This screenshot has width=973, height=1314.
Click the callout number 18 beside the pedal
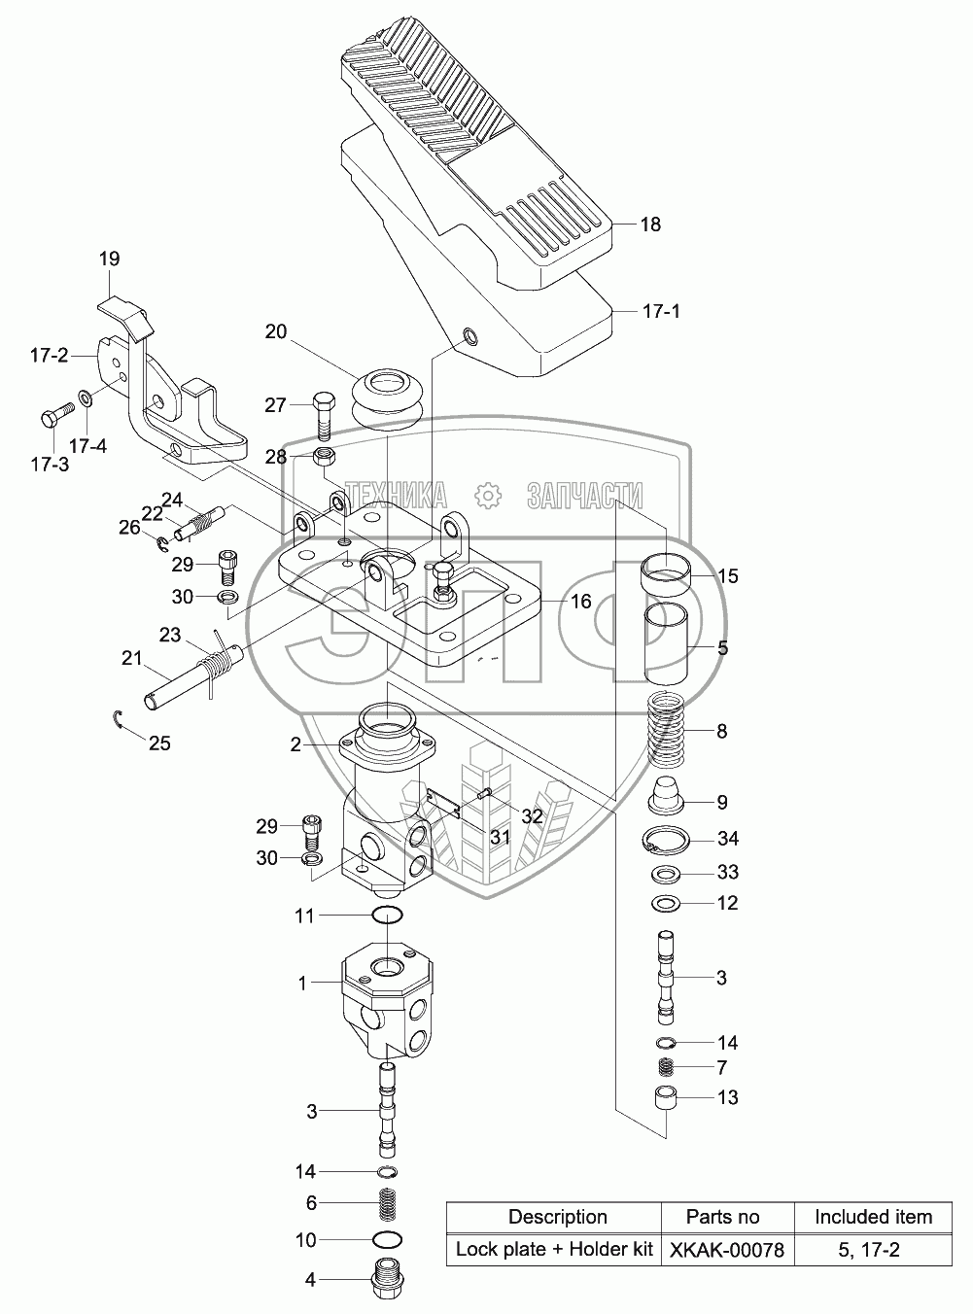[x=650, y=225]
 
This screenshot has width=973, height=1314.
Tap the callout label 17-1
[x=662, y=312]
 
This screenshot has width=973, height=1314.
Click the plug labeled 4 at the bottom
[x=388, y=1283]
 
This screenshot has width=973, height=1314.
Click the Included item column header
[x=873, y=1217]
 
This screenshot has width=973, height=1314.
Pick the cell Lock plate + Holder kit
[x=554, y=1250]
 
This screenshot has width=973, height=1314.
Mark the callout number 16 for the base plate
[x=580, y=602]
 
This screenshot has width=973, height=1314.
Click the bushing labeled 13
[x=667, y=1099]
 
